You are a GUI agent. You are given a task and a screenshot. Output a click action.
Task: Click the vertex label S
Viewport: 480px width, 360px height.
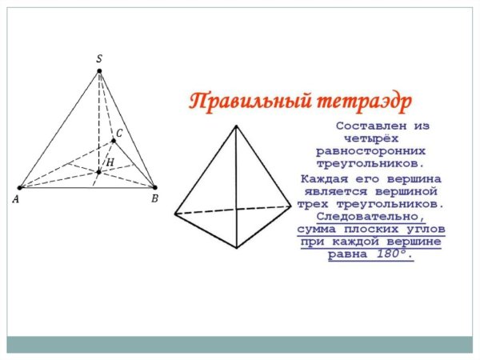tap(98, 58)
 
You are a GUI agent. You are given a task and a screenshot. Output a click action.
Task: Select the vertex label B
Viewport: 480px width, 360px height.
tap(154, 198)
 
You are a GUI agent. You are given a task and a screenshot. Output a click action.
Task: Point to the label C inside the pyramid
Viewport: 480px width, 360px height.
tap(120, 133)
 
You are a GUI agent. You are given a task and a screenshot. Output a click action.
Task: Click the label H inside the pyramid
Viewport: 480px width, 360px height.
tap(110, 162)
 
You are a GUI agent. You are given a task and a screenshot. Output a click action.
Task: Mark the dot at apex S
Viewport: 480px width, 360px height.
tap(99, 71)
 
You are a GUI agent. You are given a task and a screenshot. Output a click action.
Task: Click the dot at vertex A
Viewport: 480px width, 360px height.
tap(20, 188)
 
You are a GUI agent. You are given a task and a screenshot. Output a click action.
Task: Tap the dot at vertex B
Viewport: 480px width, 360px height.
tap(154, 188)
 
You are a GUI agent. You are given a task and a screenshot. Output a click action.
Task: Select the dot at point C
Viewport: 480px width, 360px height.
tap(114, 141)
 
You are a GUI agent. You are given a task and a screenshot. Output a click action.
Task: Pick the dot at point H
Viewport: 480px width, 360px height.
tap(99, 171)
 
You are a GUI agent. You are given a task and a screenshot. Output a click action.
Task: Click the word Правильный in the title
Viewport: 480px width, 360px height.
tap(238, 102)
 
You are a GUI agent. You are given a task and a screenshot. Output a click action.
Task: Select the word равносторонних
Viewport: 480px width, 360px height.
tap(370, 150)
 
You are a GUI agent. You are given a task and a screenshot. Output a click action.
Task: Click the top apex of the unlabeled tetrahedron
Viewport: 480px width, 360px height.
tap(236, 125)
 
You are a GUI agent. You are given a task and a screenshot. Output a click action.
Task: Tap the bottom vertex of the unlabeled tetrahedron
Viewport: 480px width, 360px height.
tap(237, 248)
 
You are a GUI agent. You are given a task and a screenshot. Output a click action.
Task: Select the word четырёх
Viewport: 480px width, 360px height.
tap(370, 138)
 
